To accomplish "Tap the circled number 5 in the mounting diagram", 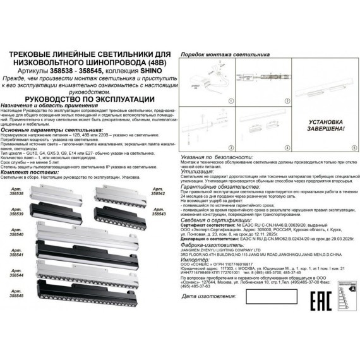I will click(353, 147).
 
